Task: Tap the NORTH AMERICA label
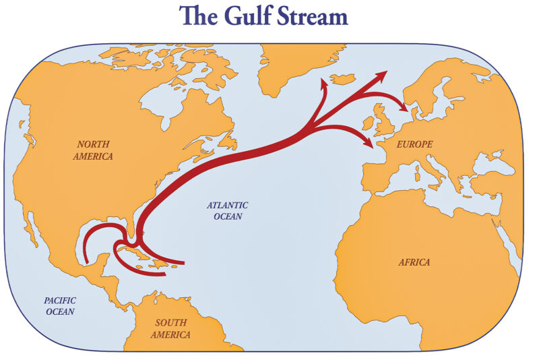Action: pos(95,150)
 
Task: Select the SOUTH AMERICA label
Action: pos(170,328)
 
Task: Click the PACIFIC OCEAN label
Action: pos(60,305)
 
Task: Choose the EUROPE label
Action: pos(415,144)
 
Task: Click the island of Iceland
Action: pos(344,80)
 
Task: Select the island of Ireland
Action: pos(369,124)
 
